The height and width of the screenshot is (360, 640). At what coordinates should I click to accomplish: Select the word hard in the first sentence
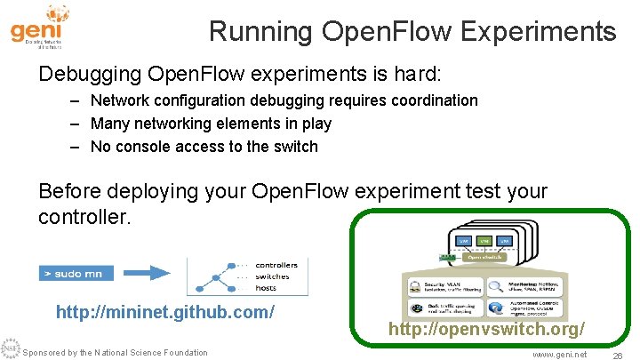(x=422, y=70)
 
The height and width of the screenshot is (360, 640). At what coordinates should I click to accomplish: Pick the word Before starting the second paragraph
(x=69, y=191)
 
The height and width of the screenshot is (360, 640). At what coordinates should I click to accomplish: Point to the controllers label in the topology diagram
(x=276, y=265)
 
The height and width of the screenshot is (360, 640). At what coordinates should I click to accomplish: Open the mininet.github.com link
(x=164, y=313)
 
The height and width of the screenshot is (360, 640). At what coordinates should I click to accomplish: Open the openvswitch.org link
(x=486, y=330)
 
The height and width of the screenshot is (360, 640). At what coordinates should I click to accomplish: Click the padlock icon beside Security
(x=416, y=286)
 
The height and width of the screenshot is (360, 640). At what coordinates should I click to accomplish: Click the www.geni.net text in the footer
(x=559, y=354)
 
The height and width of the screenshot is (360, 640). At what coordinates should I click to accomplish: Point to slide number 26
(x=616, y=354)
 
